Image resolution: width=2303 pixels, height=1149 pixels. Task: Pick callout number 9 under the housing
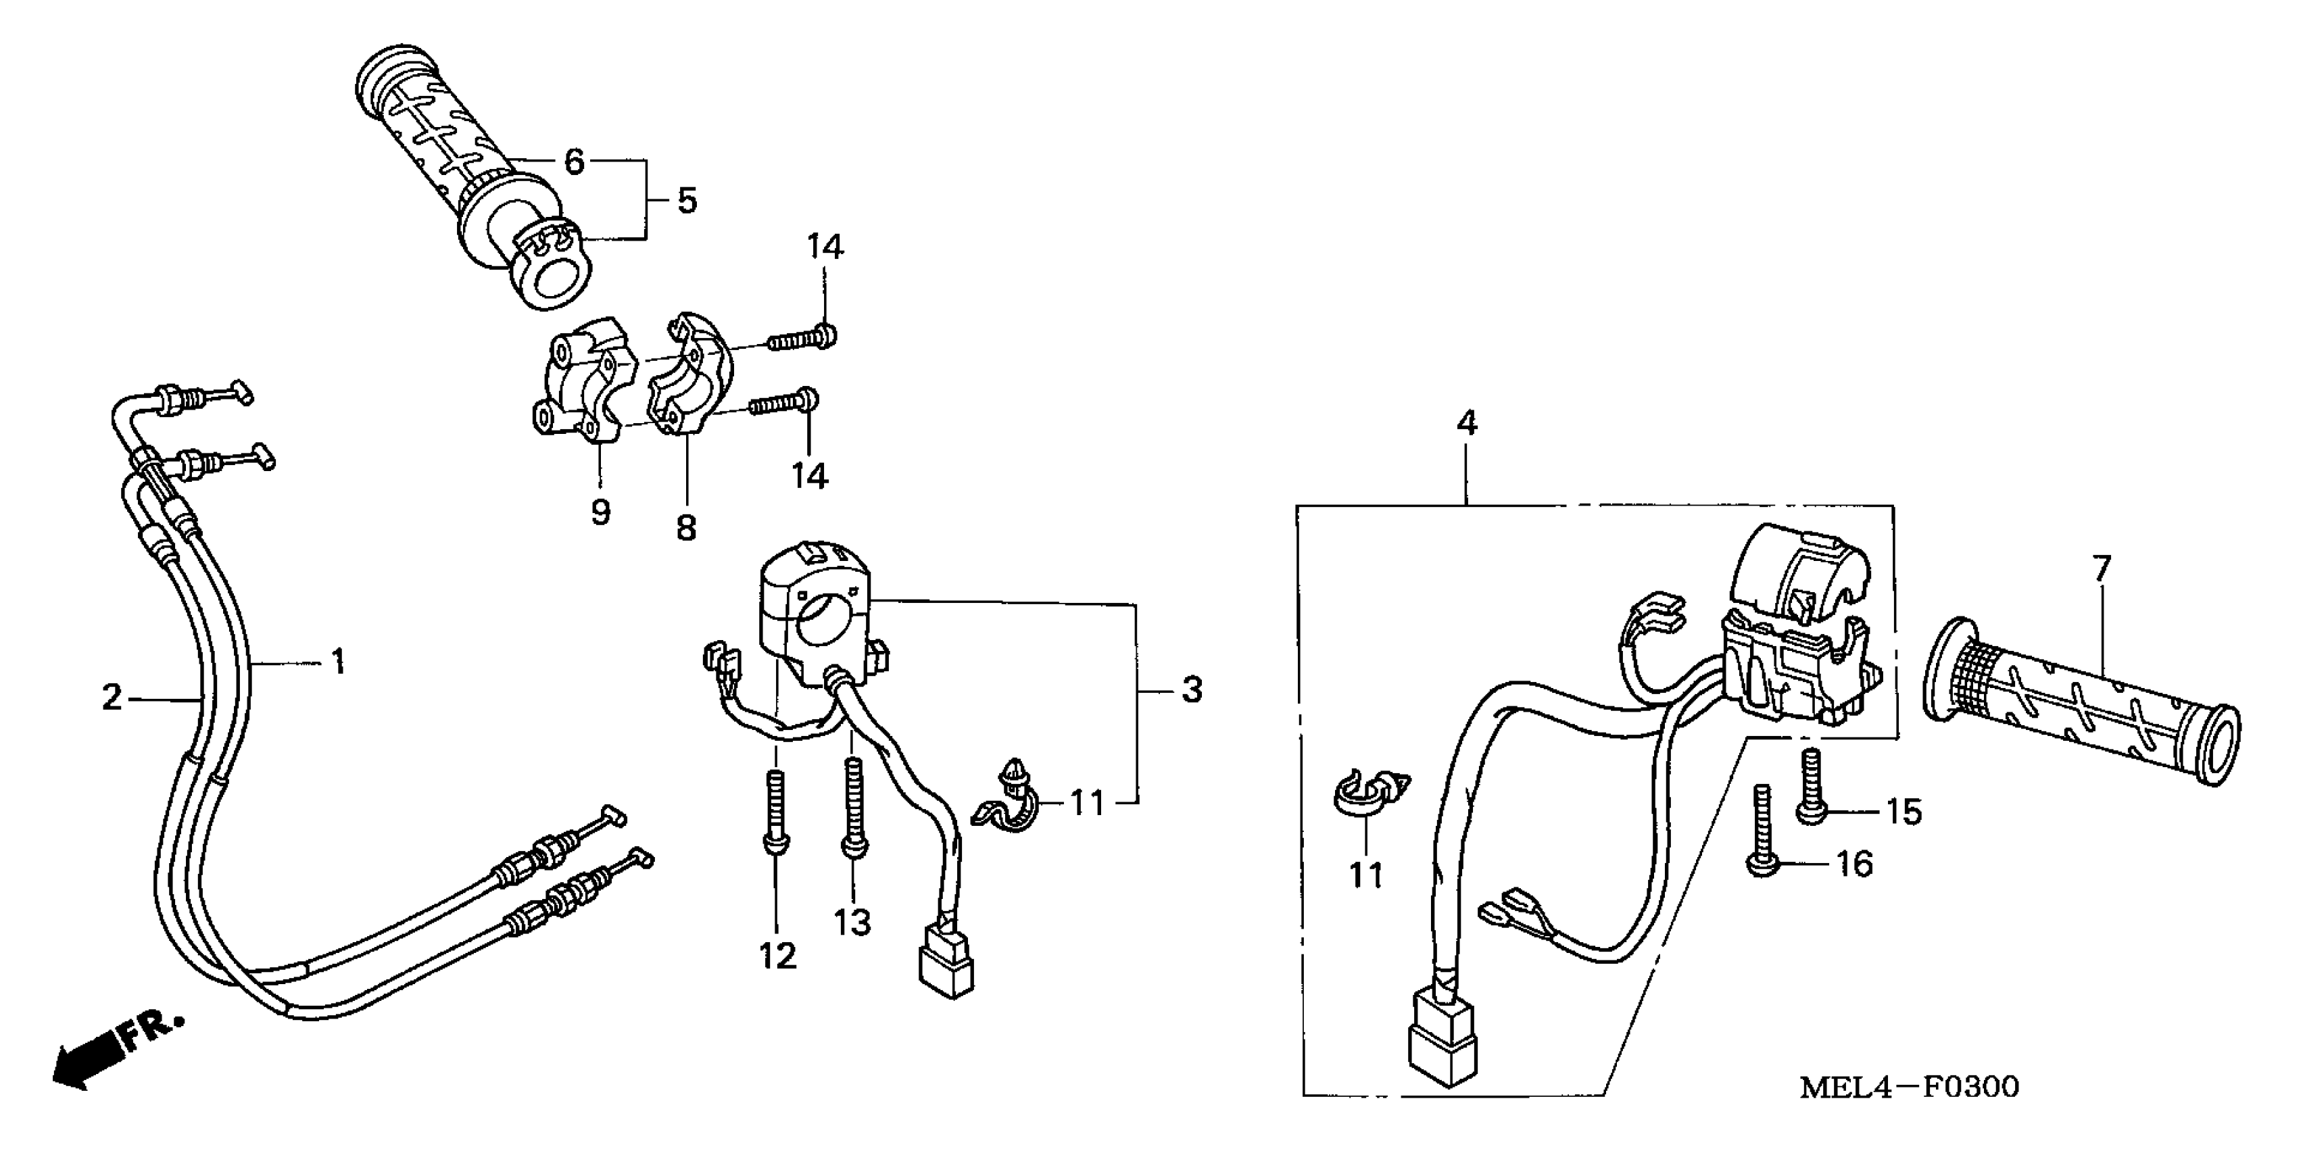tap(601, 512)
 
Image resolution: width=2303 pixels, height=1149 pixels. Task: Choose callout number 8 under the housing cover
tap(685, 528)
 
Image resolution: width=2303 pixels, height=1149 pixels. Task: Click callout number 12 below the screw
tap(778, 956)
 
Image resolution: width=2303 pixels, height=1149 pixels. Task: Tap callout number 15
tap(1904, 812)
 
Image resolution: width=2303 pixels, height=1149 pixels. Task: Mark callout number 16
tap(1854, 864)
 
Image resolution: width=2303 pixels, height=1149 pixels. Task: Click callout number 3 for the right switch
tap(1192, 689)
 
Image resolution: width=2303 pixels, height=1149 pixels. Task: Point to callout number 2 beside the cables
tap(112, 697)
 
